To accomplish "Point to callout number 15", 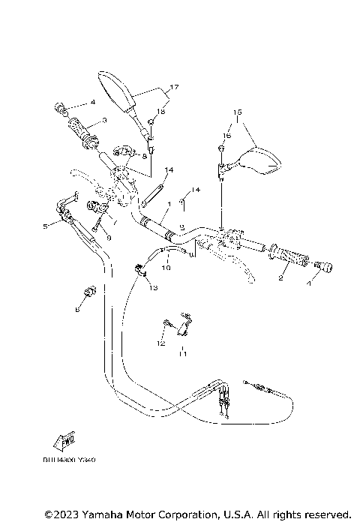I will (238, 113).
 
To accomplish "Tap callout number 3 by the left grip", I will (104, 120).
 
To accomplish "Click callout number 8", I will (144, 157).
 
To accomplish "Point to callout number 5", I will (46, 225).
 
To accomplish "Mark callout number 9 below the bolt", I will (109, 238).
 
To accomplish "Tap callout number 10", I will (166, 266).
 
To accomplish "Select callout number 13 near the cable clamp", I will (153, 287).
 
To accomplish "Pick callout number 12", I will (159, 343).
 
